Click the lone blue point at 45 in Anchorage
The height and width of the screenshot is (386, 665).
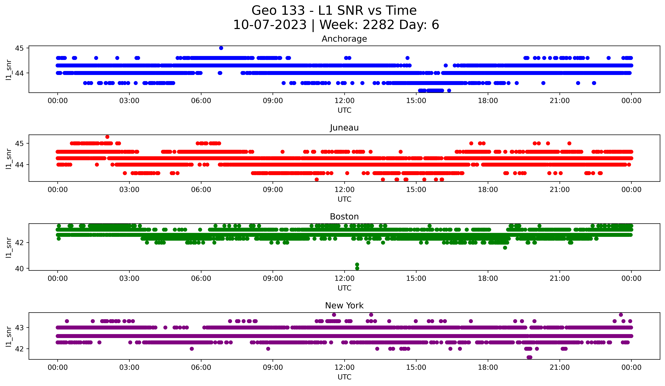[221, 48]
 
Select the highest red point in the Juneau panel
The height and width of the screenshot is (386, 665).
[107, 137]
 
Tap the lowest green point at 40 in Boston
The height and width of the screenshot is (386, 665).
[357, 268]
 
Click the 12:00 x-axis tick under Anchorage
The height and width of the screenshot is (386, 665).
[344, 101]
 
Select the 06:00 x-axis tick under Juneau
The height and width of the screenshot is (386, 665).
[201, 190]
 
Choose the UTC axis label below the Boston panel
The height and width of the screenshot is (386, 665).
[344, 288]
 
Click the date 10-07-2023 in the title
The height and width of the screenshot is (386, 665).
[270, 25]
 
